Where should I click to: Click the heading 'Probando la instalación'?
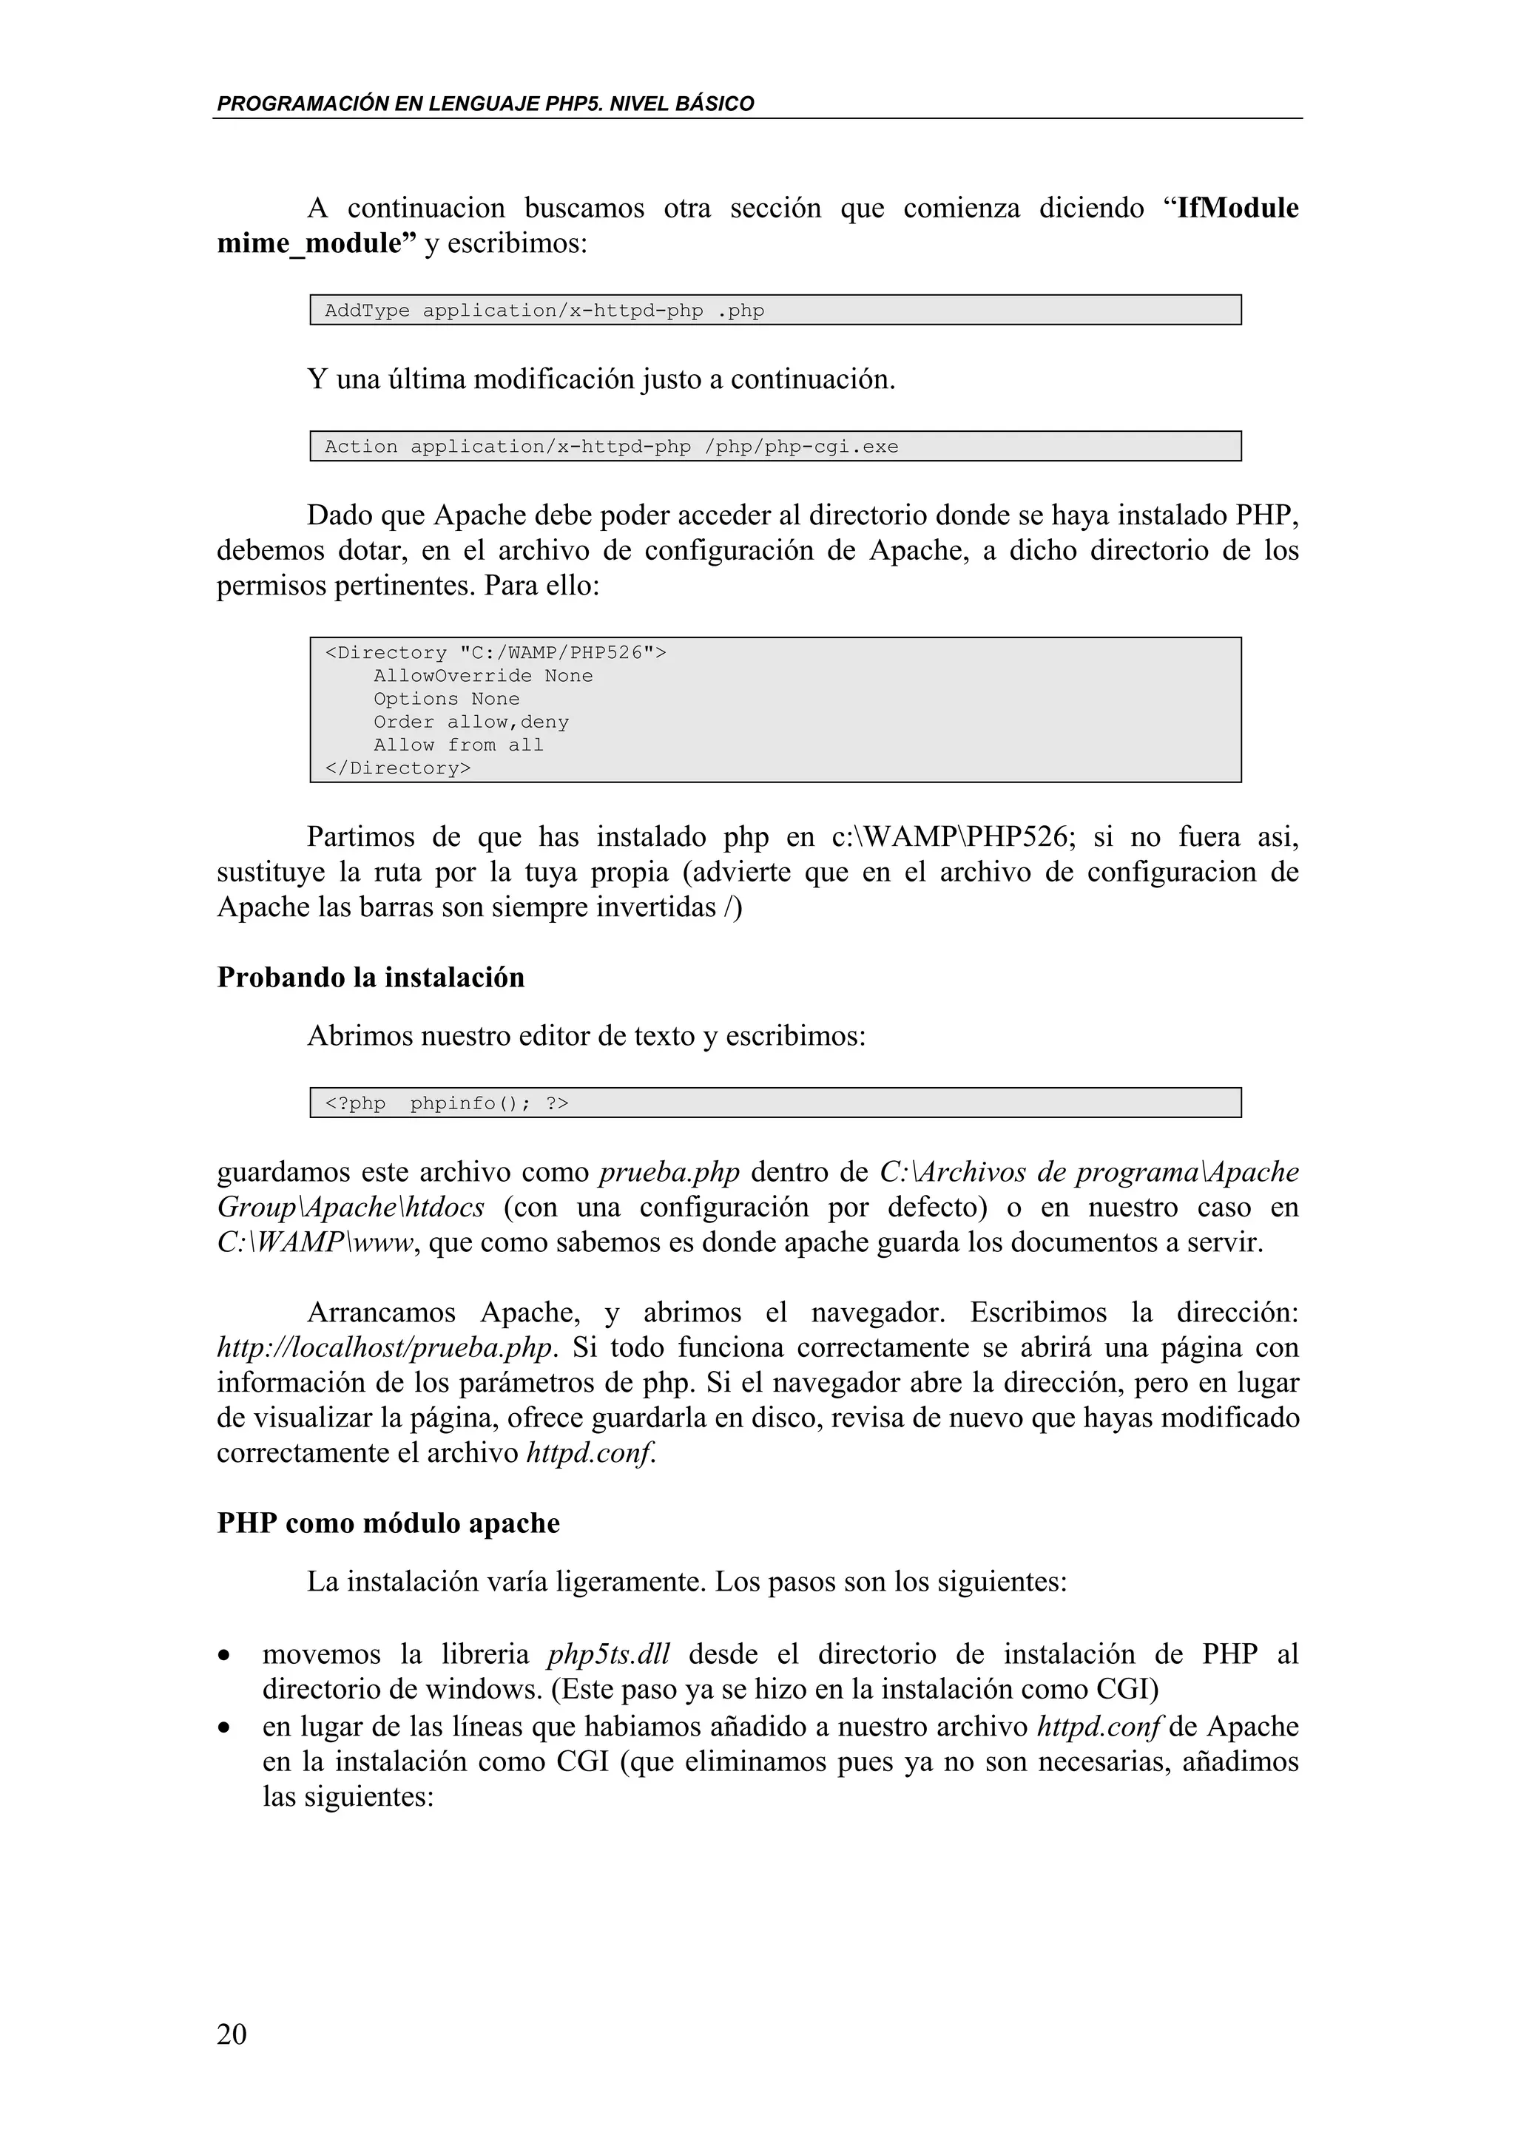point(371,978)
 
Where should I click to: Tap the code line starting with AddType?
point(544,311)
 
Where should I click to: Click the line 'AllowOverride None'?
point(482,676)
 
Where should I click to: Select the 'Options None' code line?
point(446,699)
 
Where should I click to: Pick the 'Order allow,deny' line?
point(470,722)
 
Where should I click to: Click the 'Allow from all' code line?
point(459,745)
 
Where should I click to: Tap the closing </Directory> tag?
point(398,768)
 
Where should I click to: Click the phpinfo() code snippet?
point(446,1103)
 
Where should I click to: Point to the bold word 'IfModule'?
point(1238,208)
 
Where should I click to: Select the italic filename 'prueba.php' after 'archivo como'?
point(668,1172)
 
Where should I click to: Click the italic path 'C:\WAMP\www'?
point(314,1243)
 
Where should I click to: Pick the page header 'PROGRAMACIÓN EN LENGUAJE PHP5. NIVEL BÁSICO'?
point(485,104)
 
